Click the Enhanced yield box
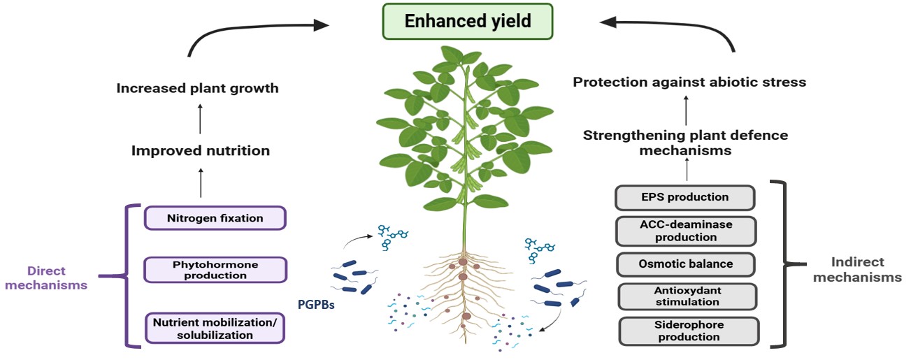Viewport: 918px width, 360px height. [468, 21]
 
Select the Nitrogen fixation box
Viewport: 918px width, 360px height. [215, 218]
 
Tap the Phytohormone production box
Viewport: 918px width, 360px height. [215, 270]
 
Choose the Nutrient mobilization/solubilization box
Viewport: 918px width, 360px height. [215, 329]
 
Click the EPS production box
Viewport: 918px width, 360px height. [684, 197]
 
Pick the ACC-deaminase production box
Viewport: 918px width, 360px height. [686, 231]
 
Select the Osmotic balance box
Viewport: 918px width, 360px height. [686, 264]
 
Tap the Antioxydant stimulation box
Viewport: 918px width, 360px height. [687, 296]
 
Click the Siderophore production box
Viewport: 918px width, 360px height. [689, 331]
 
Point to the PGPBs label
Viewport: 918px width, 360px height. [316, 305]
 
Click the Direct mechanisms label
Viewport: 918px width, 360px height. [46, 278]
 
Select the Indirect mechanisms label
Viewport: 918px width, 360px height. [857, 270]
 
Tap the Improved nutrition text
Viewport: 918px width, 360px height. [201, 151]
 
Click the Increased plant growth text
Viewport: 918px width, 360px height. [198, 88]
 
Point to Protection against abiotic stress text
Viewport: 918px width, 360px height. [689, 82]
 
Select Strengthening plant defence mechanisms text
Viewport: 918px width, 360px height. [686, 143]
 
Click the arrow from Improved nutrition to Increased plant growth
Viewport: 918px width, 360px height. [200, 119]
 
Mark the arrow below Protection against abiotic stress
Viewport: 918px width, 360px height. [686, 110]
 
